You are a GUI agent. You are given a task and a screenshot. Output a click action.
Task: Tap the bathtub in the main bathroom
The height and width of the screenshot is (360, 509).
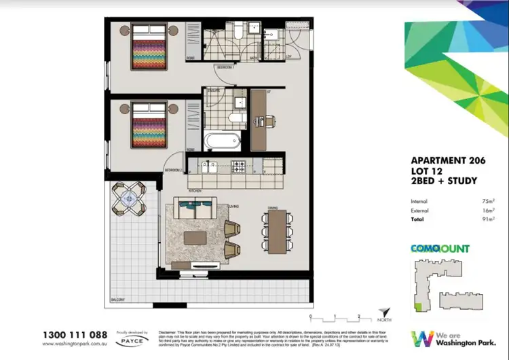point(222,141)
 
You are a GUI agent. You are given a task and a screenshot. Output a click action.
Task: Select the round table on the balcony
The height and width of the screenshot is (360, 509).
point(128,199)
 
